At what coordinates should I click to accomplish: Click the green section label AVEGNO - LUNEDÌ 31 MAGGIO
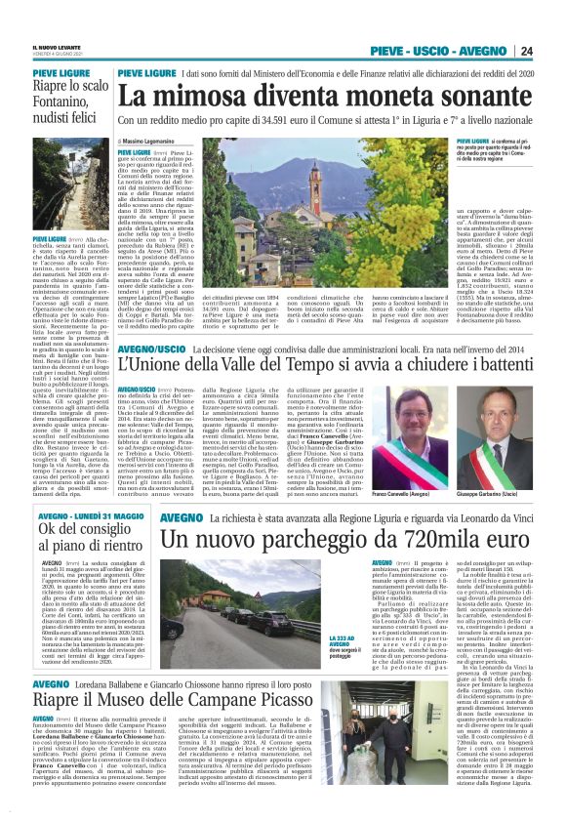coord(74,514)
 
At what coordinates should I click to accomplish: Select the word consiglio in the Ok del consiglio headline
coord(80,530)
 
